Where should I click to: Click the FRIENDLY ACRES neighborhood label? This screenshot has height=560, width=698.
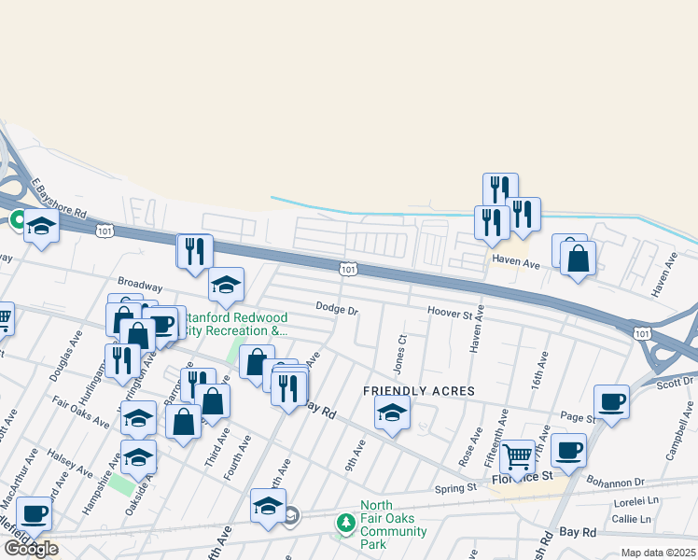pyautogui.click(x=419, y=391)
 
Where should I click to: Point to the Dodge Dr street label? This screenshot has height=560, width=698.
pyautogui.click(x=337, y=307)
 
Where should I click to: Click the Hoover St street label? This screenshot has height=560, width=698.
pyautogui.click(x=450, y=311)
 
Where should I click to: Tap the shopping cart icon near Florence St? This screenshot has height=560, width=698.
pyautogui.click(x=517, y=457)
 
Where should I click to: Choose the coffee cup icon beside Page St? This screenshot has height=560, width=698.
pyautogui.click(x=611, y=402)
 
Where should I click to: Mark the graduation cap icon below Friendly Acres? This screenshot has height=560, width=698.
pyautogui.click(x=392, y=411)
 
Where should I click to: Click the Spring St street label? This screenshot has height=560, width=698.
pyautogui.click(x=456, y=488)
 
